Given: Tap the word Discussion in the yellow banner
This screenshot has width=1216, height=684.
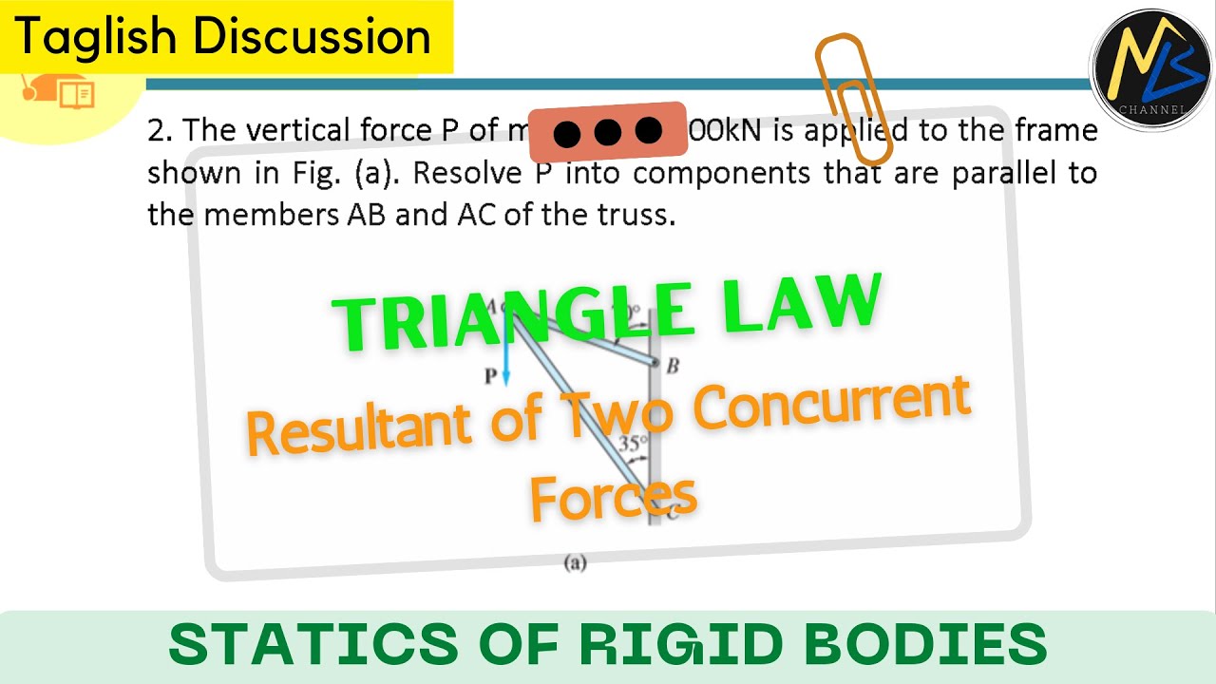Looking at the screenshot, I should [313, 36].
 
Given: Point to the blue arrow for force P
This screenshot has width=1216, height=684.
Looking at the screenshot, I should [506, 361].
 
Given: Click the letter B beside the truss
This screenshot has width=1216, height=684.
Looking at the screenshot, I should [672, 366].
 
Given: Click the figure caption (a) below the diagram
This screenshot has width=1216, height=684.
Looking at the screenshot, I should [575, 563].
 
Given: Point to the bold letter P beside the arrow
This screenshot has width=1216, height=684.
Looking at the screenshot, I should [490, 376].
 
